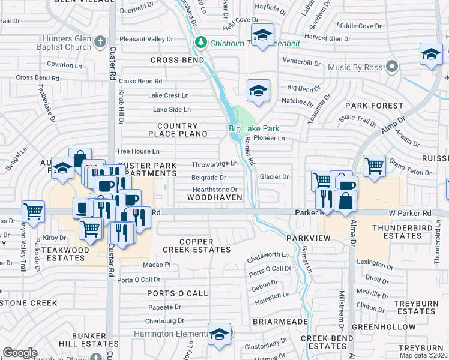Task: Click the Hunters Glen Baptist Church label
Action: click(61, 42)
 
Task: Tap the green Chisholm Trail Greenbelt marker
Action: click(201, 42)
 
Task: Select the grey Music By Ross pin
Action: click(393, 67)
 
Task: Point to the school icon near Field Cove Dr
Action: click(262, 34)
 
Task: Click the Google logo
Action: click(20, 353)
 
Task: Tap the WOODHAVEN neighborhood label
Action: click(214, 197)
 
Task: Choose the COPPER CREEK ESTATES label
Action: click(196, 245)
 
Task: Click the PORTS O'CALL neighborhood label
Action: click(177, 293)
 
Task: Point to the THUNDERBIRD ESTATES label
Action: click(405, 232)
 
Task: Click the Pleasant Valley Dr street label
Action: click(146, 39)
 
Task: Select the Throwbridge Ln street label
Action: click(215, 164)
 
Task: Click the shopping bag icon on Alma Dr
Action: click(346, 202)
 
